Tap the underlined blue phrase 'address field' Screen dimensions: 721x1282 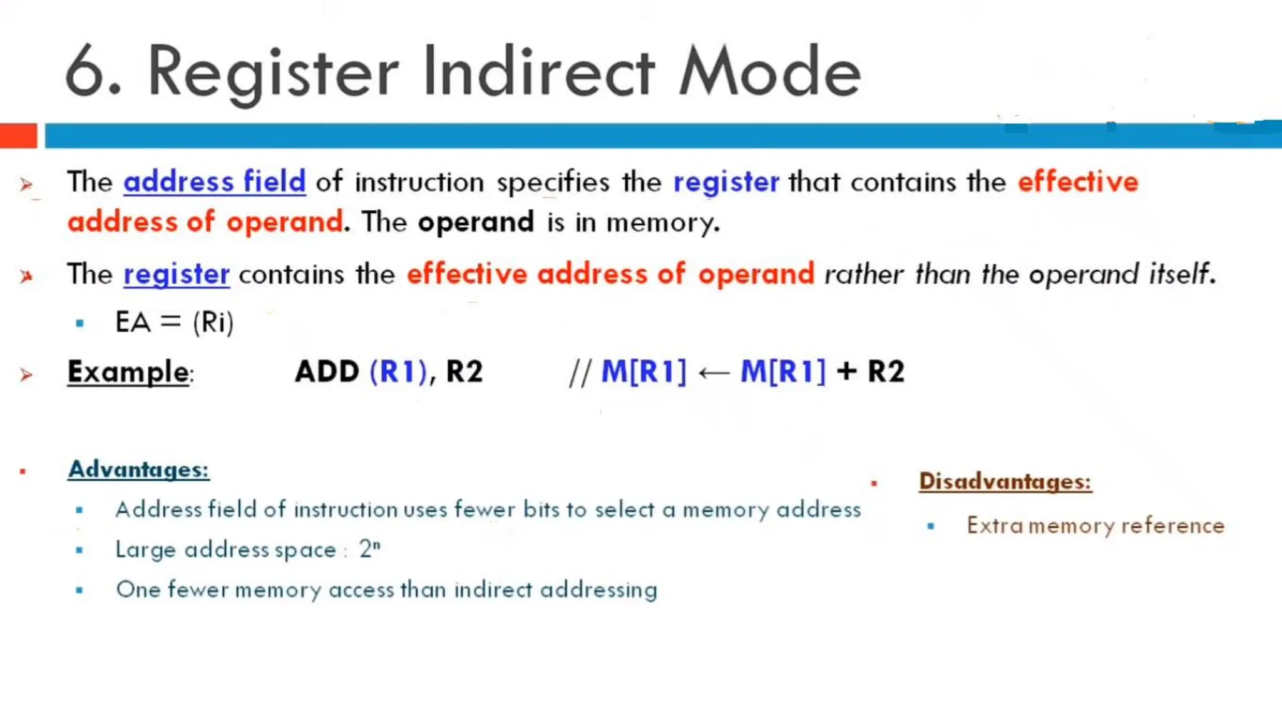215,182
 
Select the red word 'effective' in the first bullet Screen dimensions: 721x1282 1077,182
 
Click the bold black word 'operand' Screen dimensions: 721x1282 476,222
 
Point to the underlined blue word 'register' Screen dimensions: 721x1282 177,275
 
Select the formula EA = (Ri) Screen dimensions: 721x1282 174,323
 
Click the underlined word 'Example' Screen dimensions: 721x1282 128,372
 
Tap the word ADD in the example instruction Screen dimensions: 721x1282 327,372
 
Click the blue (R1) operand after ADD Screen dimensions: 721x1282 398,372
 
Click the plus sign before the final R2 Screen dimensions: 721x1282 846,371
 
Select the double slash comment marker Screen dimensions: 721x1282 580,373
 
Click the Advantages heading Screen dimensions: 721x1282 138,469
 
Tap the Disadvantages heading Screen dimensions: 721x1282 1005,481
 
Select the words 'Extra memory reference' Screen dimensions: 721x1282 1095,526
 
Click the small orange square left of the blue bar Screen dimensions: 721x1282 18,136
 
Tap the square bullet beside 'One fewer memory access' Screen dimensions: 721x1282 79,590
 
